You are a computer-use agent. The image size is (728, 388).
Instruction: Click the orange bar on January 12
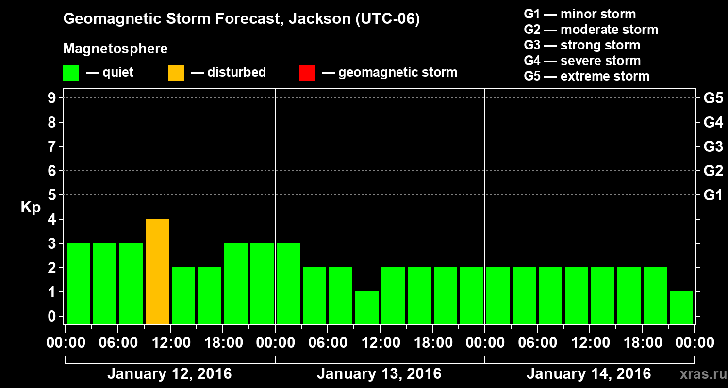click(157, 271)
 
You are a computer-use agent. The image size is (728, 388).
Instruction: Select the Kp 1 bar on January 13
click(367, 307)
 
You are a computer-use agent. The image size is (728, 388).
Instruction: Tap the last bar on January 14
click(681, 307)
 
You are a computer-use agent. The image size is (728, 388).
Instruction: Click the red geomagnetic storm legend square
click(307, 73)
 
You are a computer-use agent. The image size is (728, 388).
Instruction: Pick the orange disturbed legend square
click(176, 73)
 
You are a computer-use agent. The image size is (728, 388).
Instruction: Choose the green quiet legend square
click(71, 73)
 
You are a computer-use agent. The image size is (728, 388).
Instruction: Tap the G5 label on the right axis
click(713, 98)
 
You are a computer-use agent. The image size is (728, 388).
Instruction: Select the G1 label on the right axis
click(713, 195)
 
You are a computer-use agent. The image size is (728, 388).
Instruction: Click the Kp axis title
click(31, 208)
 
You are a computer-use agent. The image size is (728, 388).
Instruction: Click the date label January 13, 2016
click(379, 374)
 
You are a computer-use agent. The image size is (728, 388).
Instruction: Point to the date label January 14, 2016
click(589, 374)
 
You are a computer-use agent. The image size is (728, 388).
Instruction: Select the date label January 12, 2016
click(169, 374)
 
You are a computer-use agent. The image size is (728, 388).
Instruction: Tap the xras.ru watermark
click(701, 374)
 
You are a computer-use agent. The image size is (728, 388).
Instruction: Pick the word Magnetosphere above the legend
click(116, 49)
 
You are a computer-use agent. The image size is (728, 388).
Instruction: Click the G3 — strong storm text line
click(582, 45)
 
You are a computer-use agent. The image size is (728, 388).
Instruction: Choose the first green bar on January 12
click(79, 283)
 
